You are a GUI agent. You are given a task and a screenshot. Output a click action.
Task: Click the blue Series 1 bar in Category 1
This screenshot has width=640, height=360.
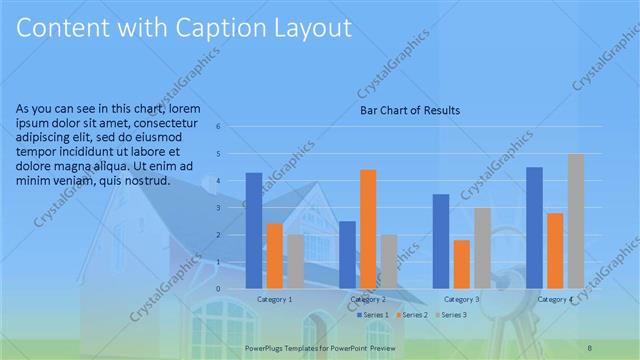(x=254, y=230)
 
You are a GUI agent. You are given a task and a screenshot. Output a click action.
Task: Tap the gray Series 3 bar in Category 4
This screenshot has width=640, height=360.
(x=576, y=221)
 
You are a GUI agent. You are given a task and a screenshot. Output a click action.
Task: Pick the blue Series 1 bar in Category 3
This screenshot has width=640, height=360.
(x=441, y=240)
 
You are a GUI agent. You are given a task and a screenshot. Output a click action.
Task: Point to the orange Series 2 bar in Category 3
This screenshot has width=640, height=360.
(x=462, y=263)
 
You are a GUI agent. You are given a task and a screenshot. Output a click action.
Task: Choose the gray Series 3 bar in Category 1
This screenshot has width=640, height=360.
(x=296, y=261)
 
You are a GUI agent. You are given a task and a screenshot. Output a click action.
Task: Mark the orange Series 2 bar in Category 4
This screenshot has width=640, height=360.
(x=555, y=250)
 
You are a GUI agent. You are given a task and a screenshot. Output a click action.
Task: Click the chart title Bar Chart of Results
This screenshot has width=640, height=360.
(x=410, y=110)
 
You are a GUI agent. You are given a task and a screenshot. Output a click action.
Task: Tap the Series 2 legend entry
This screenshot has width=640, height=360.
(x=412, y=315)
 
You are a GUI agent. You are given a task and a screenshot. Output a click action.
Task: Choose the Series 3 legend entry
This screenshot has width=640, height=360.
(x=451, y=315)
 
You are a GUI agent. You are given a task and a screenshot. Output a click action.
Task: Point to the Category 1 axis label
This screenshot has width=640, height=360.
(x=275, y=299)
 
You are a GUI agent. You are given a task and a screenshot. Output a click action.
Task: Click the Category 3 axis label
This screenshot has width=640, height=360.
(x=461, y=299)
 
